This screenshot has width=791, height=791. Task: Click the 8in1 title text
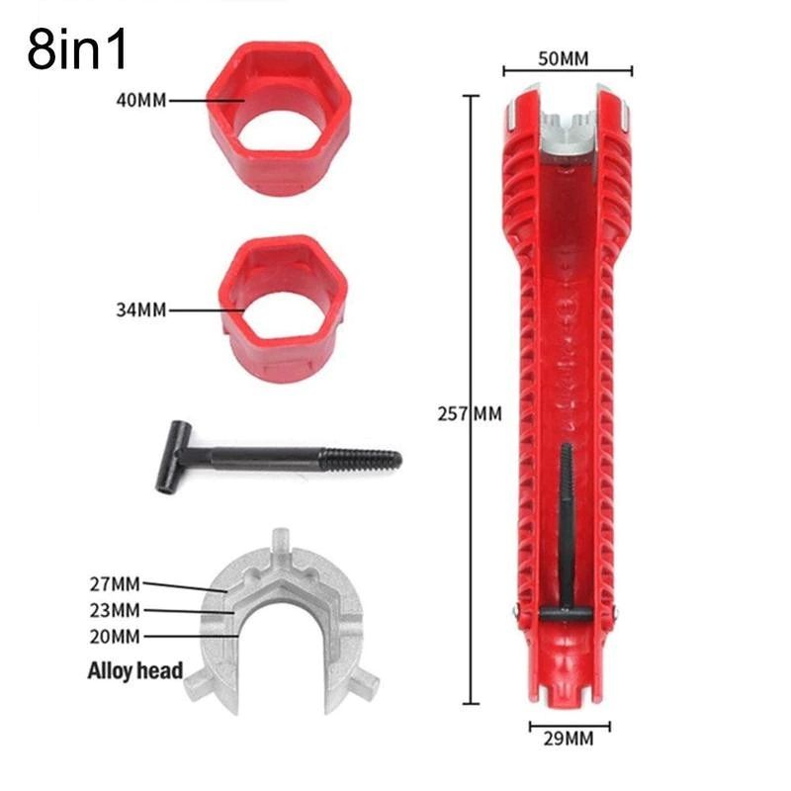coord(77,48)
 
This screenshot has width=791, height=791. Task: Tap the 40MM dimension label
coord(141,101)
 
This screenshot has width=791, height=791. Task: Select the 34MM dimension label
coord(141,309)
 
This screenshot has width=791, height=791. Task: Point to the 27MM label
coord(115,584)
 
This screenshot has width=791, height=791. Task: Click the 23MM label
coord(115,610)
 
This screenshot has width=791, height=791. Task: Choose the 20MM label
coord(115,637)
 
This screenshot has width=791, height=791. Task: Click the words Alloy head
coord(135,671)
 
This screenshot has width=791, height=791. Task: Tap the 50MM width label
coord(564,59)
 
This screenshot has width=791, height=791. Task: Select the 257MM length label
coord(470,413)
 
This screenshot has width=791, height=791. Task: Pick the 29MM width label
coord(569,739)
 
